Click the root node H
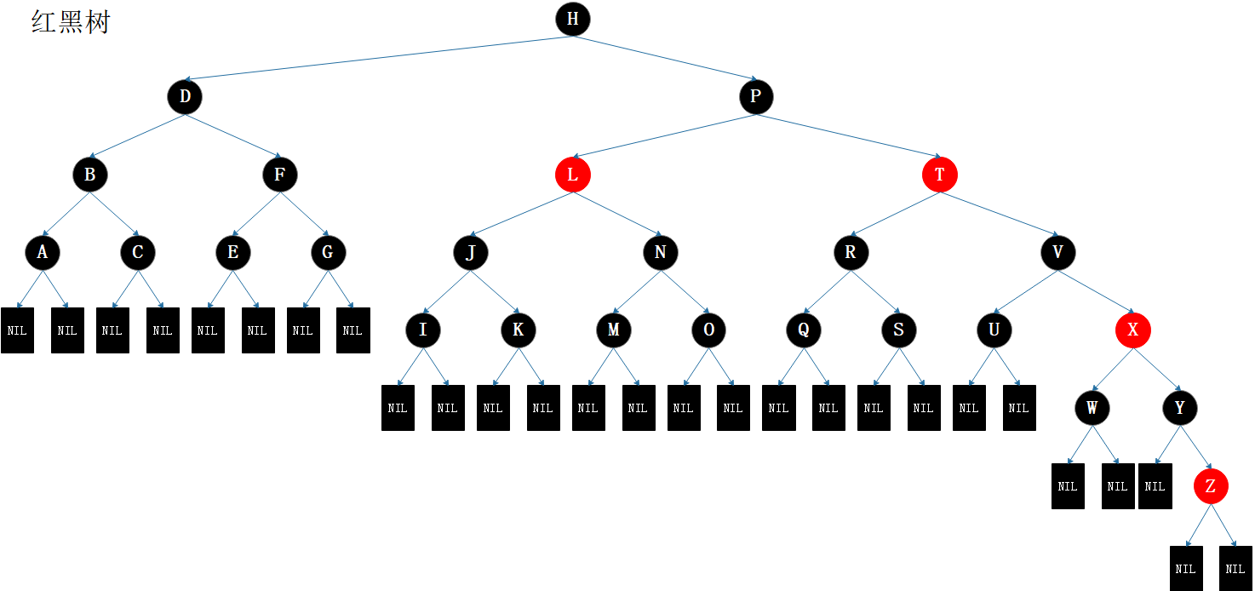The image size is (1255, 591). click(x=573, y=19)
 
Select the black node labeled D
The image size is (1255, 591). click(x=185, y=97)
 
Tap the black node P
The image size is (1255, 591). click(x=755, y=97)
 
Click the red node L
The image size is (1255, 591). click(x=573, y=175)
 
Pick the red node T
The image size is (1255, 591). click(x=940, y=175)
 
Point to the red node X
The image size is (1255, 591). click(x=1132, y=330)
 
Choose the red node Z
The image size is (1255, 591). click(x=1211, y=486)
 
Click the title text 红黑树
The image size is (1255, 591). click(x=71, y=22)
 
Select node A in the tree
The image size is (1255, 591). click(x=43, y=252)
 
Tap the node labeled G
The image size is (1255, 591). click(x=328, y=252)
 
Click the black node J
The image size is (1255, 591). click(x=471, y=252)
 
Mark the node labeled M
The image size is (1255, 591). click(x=613, y=330)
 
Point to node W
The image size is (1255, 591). click(x=1092, y=408)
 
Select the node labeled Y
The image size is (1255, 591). click(x=1180, y=408)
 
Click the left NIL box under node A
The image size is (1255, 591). click(x=17, y=330)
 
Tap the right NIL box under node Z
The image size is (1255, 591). click(x=1236, y=568)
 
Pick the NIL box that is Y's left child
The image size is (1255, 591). click(x=1155, y=486)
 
